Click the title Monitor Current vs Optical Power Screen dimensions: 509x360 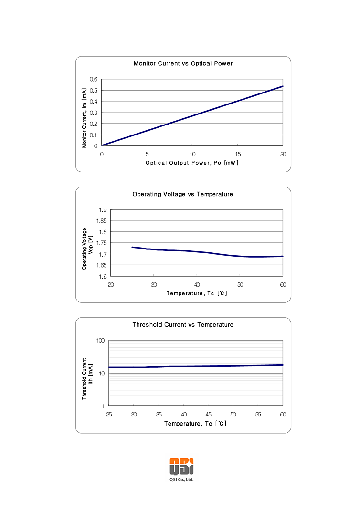pos(183,63)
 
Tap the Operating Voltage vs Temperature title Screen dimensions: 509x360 pos(183,194)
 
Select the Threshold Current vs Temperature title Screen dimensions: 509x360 pos(183,325)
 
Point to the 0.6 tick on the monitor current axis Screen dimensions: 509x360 pos(94,79)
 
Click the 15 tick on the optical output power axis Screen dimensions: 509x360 pos(238,154)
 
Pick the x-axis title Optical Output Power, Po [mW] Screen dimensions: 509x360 pos(192,163)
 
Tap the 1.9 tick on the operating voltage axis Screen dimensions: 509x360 pos(102,210)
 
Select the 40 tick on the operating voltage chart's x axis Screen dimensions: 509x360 pos(197,285)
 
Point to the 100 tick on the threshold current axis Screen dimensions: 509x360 pos(100,341)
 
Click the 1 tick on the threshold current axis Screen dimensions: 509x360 pos(103,406)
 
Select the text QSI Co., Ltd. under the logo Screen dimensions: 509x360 pos(182,480)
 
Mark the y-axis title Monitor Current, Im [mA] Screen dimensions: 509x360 pos(85,117)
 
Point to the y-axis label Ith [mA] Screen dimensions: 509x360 pos(91,379)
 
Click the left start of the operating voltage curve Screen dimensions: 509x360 pos(132,247)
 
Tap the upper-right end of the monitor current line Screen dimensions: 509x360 pos(283,86)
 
